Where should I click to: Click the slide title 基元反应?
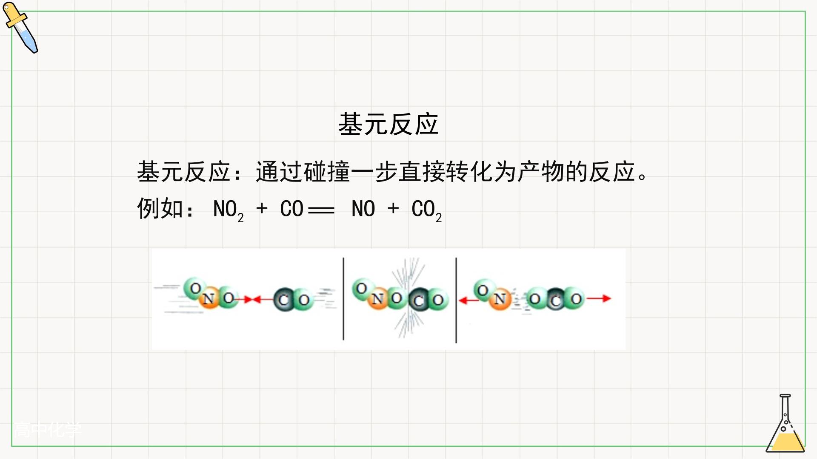(388, 124)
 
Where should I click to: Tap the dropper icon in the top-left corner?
(20, 28)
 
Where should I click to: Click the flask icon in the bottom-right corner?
(786, 423)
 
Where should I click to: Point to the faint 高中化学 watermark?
(47, 430)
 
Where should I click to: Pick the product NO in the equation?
(363, 209)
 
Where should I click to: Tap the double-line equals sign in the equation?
(321, 210)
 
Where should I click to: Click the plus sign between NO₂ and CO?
(262, 208)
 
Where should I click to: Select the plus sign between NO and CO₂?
(393, 208)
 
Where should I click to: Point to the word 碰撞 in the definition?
(327, 172)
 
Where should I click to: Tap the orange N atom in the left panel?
(209, 298)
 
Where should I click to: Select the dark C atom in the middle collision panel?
(419, 300)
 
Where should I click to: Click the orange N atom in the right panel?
(500, 299)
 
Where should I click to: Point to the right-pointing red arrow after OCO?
(599, 298)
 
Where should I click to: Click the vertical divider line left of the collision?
(343, 299)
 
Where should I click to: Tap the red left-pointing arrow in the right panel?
(468, 300)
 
